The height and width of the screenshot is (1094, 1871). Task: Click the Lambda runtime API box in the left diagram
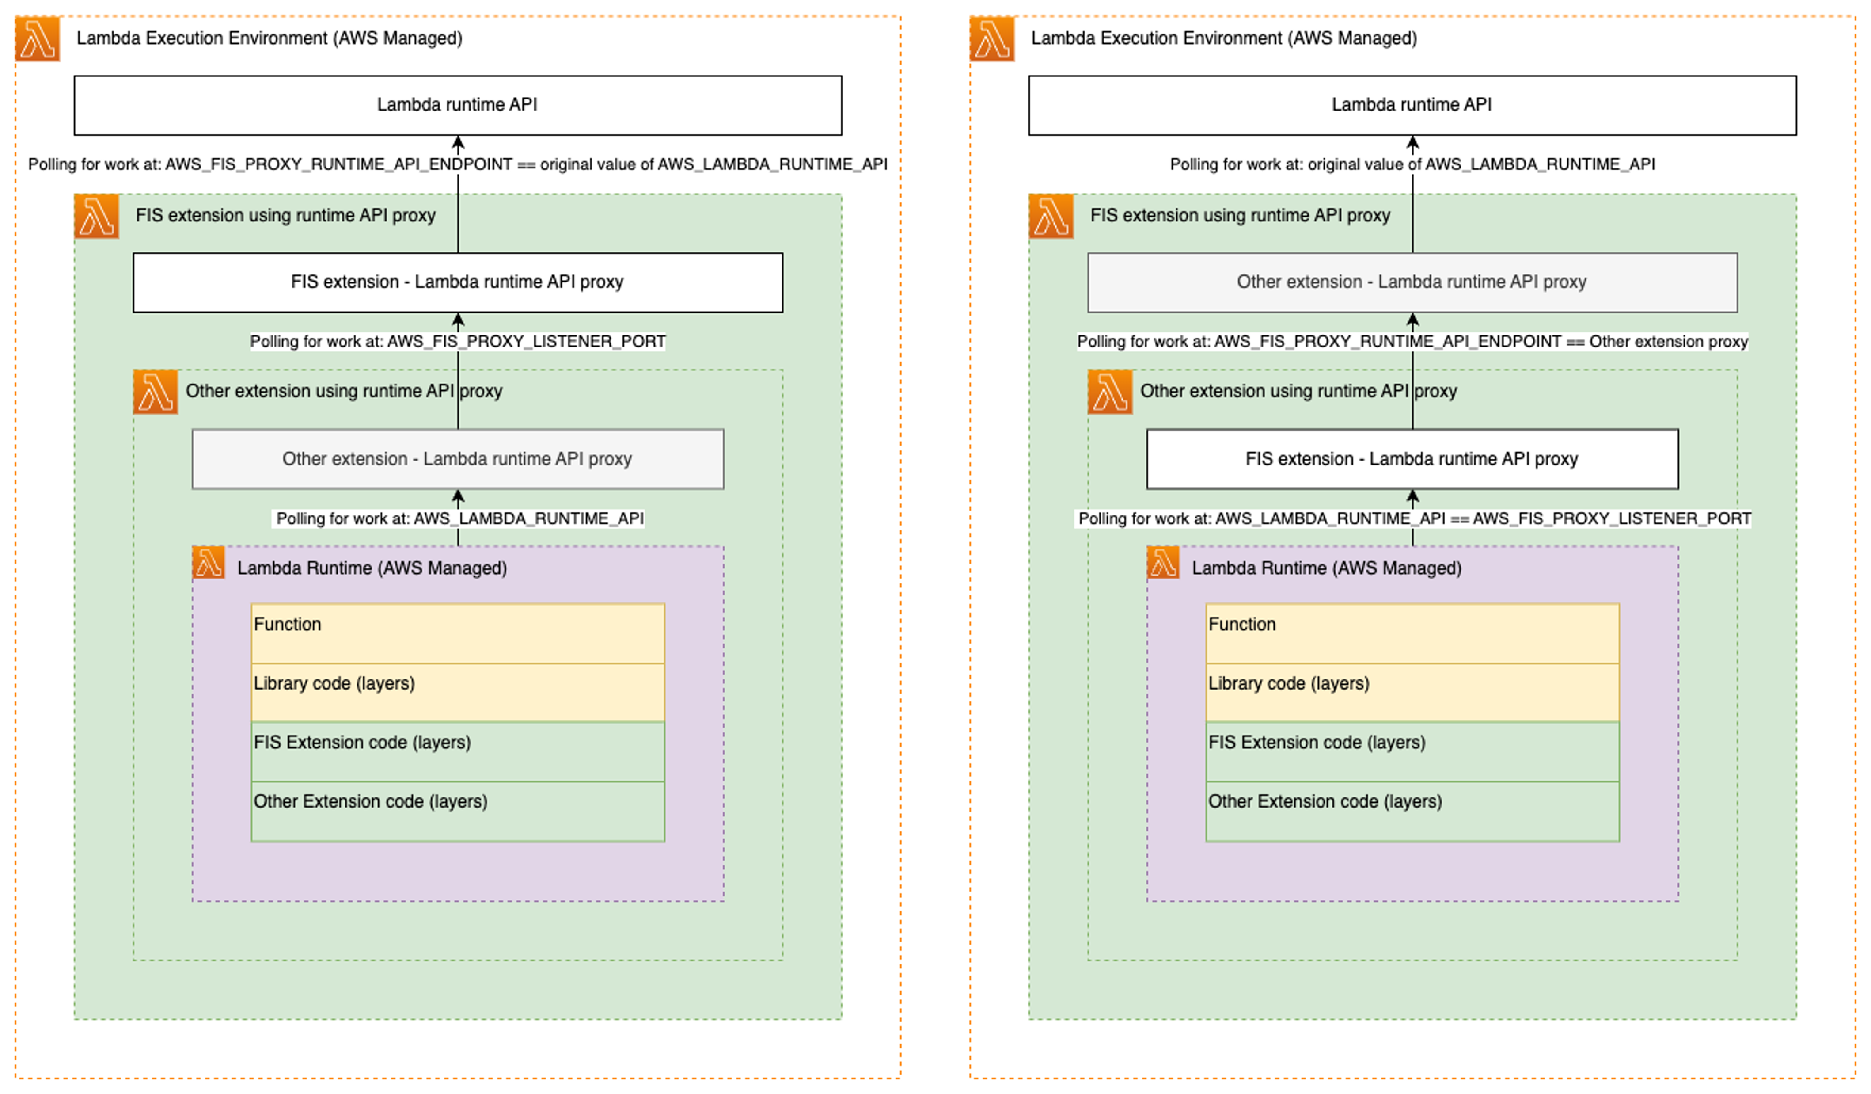click(x=457, y=105)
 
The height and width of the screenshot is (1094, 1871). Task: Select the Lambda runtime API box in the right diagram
click(x=1412, y=105)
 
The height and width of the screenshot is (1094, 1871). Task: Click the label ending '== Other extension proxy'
click(x=1412, y=342)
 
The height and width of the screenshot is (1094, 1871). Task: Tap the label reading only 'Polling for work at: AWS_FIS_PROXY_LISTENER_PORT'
click(x=457, y=342)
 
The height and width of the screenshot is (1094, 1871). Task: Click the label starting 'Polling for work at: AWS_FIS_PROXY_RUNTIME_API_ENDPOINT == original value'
click(x=457, y=164)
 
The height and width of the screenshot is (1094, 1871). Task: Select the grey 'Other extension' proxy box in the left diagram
click(x=457, y=459)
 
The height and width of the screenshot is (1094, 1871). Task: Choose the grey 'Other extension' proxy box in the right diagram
click(x=1412, y=282)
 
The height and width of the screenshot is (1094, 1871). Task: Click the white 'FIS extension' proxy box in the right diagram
click(x=1412, y=459)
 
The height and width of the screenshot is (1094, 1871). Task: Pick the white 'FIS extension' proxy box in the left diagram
click(x=457, y=282)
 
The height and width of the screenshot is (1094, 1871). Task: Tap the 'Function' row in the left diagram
click(x=457, y=633)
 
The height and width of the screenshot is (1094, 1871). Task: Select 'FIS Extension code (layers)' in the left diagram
click(x=457, y=751)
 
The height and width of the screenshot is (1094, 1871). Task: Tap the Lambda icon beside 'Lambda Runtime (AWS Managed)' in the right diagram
click(x=1163, y=562)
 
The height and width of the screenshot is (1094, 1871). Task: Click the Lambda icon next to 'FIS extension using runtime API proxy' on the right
click(x=1051, y=216)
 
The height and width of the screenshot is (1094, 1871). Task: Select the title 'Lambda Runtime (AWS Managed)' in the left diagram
click(x=372, y=568)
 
